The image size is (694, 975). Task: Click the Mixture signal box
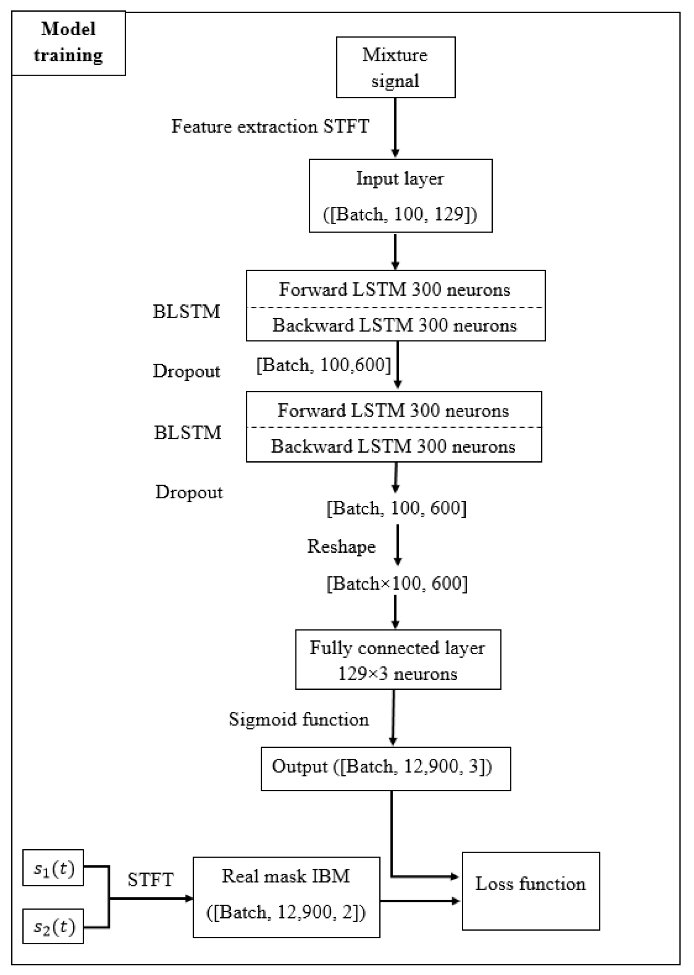pos(395,67)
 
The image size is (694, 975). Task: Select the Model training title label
pos(68,43)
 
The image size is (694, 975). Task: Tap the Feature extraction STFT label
pos(270,127)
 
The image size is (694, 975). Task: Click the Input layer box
pos(401,196)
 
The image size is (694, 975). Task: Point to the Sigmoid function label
pos(299,719)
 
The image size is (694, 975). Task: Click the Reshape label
pos(341,546)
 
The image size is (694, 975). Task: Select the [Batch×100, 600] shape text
pos(397,583)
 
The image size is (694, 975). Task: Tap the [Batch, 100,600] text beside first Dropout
pos(323,365)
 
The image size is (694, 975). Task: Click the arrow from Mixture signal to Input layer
pos(395,127)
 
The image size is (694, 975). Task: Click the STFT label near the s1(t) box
pos(150,879)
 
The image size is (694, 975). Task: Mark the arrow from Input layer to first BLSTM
pos(395,251)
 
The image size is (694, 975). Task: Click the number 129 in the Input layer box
pos(448,214)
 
